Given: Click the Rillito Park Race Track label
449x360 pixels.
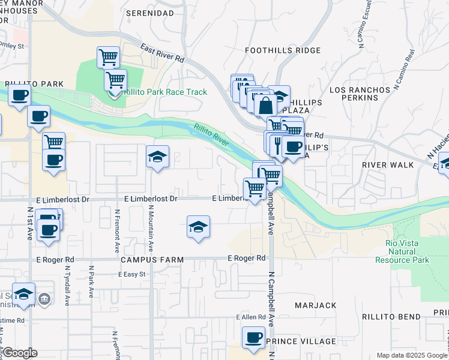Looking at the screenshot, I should (165, 92).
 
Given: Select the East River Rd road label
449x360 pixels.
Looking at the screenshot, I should (162, 53).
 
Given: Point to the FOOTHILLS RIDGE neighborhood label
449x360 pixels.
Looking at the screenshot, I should (283, 51).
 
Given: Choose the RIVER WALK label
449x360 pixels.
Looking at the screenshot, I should (388, 164).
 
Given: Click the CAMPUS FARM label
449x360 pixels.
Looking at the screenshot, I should (147, 259).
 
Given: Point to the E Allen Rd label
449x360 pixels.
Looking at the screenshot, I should (250, 316).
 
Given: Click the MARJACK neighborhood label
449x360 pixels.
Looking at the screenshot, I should (316, 305).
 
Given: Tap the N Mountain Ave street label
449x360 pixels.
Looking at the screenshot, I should (151, 228).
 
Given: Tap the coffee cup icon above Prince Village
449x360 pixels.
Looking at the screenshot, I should (253, 337).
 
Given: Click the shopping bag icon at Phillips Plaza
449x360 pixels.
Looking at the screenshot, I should (265, 106).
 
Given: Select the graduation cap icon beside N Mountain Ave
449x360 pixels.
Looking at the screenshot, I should (158, 157).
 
